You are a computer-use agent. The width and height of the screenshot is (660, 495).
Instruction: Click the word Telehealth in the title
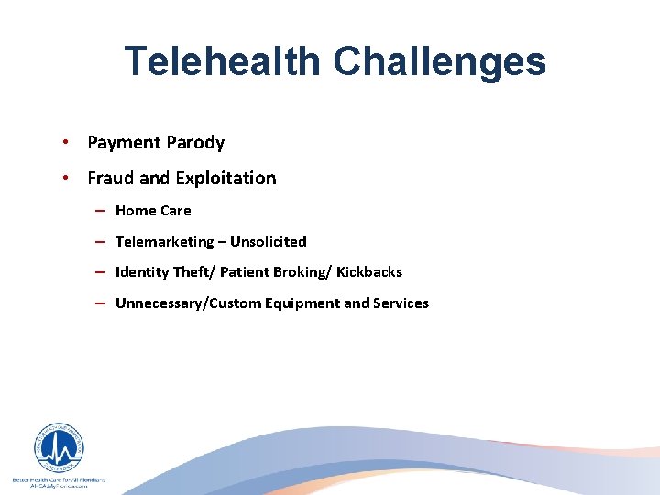pos(223,61)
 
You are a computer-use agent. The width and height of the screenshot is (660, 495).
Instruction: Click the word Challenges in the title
pos(439,61)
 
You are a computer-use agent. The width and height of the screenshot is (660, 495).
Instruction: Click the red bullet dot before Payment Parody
pos(68,142)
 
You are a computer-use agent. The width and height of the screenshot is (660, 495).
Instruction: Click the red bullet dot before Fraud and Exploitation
pos(68,178)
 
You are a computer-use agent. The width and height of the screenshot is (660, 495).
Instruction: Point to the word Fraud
pos(110,178)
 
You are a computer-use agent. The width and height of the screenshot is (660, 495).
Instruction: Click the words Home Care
pos(153,211)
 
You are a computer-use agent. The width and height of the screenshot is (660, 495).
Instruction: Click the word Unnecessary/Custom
pos(188,303)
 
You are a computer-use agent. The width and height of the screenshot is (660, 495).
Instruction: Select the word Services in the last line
pos(401,303)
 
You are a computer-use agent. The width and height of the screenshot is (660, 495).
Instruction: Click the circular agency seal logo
pos(59,448)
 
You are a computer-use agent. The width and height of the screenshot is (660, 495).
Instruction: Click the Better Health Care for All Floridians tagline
pos(59,479)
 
